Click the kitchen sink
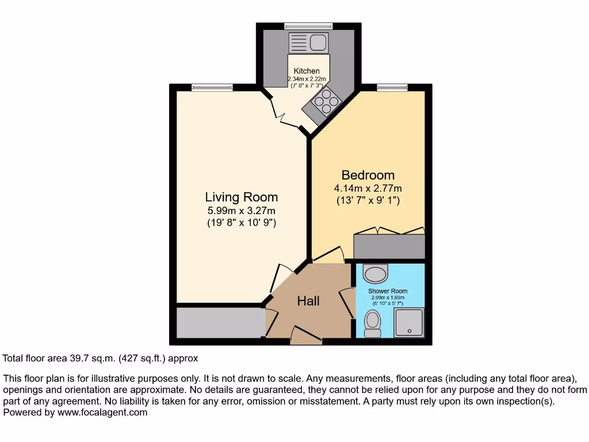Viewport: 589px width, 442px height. click(309, 42)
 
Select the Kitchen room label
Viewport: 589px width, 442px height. click(307, 71)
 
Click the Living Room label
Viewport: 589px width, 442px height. click(242, 197)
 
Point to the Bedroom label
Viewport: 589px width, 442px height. click(368, 175)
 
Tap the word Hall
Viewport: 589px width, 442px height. click(308, 300)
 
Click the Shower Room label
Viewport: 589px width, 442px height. click(388, 291)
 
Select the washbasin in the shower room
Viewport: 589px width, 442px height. click(376, 274)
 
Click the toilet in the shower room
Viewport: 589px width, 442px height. click(373, 323)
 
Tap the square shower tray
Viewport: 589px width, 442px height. click(409, 322)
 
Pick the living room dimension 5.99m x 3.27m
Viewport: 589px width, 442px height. click(242, 211)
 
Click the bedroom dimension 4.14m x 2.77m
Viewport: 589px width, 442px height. click(368, 188)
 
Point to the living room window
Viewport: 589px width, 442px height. click(212, 87)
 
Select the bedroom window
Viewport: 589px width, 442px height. click(392, 87)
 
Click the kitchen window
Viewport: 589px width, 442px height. click(308, 26)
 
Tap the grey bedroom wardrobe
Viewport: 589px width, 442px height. click(389, 246)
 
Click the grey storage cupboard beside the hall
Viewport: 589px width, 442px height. click(221, 322)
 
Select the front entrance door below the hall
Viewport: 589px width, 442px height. click(306, 336)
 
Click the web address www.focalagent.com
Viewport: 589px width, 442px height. click(102, 412)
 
